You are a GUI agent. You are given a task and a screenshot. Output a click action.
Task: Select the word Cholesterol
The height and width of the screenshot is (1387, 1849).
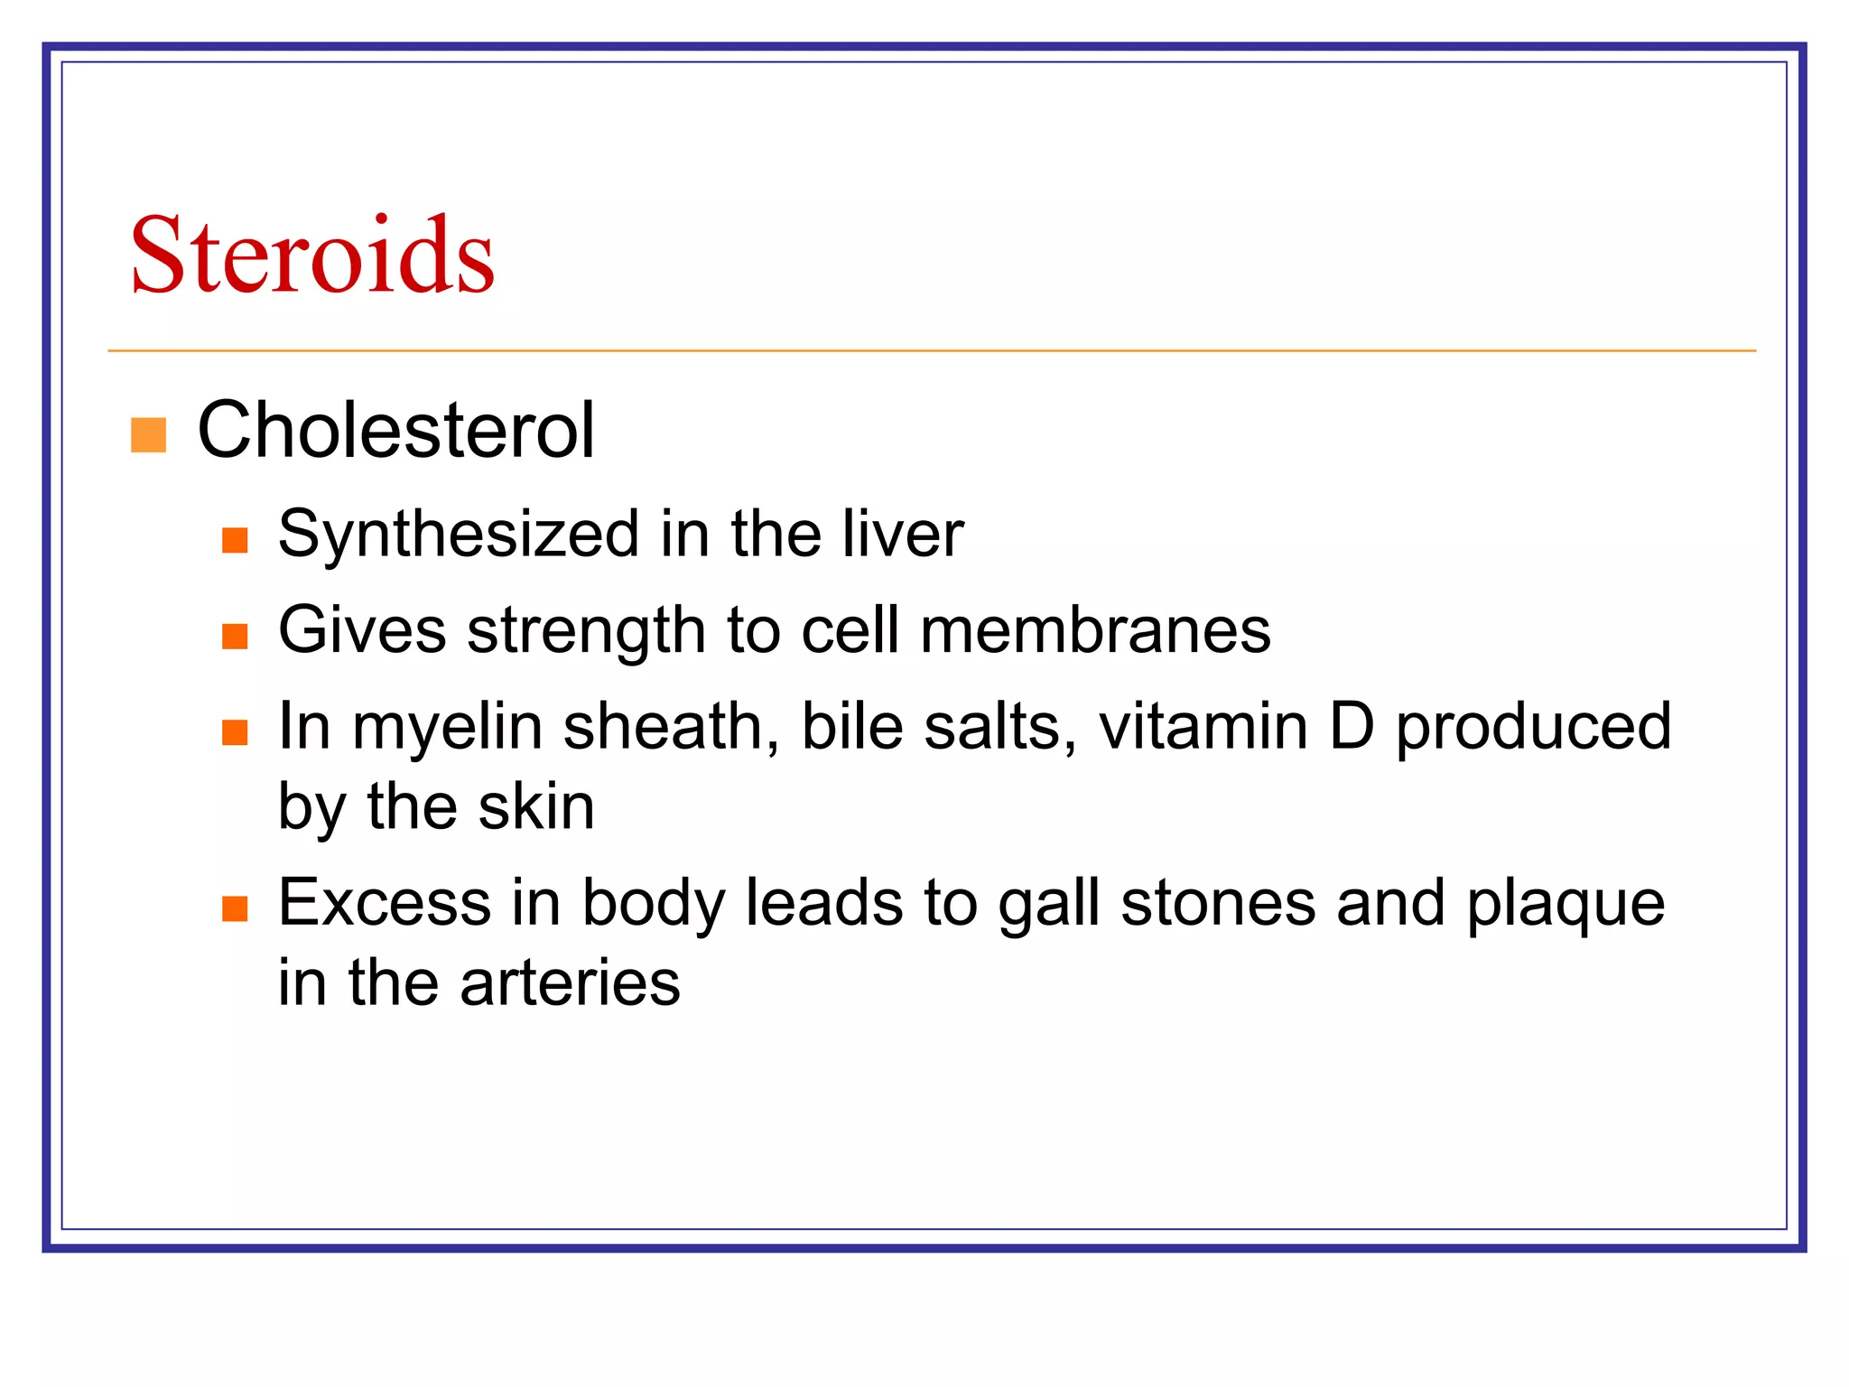click(x=395, y=431)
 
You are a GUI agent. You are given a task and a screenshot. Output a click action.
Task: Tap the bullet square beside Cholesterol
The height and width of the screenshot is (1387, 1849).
click(x=149, y=434)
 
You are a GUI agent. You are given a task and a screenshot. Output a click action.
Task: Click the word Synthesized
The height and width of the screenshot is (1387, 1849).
click(x=459, y=535)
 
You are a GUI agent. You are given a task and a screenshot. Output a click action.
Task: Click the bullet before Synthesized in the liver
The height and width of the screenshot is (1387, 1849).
click(x=235, y=540)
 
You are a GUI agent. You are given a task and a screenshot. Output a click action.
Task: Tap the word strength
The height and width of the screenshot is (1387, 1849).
click(x=586, y=631)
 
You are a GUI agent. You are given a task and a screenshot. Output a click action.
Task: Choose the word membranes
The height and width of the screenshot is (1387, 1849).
click(x=1095, y=629)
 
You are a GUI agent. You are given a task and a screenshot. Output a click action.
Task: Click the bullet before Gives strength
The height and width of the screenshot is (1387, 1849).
click(x=235, y=637)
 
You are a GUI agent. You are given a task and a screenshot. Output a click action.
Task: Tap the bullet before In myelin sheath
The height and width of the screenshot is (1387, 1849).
click(x=235, y=731)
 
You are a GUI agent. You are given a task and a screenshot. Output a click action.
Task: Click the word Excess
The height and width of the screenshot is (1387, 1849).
click(x=384, y=902)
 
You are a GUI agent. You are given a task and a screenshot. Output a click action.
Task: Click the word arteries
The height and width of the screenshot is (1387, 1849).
click(x=570, y=982)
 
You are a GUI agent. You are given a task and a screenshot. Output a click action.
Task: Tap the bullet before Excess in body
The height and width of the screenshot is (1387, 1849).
click(x=235, y=908)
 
